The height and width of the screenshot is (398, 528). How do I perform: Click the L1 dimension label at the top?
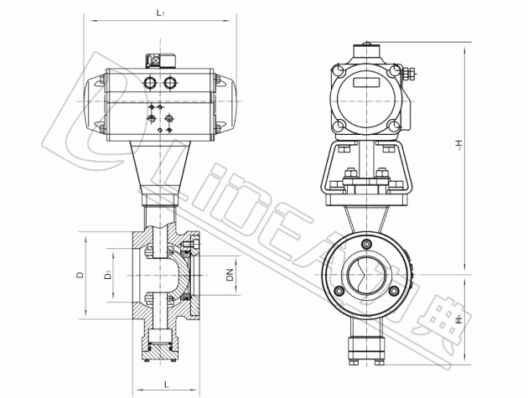pos(160,12)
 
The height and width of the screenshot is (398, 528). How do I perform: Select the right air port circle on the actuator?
pos(171,82)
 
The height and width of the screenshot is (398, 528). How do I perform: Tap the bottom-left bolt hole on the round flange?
pos(339,292)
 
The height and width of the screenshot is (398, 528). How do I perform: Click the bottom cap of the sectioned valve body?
pos(160,345)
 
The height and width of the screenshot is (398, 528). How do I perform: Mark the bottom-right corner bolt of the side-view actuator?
pos(392,127)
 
